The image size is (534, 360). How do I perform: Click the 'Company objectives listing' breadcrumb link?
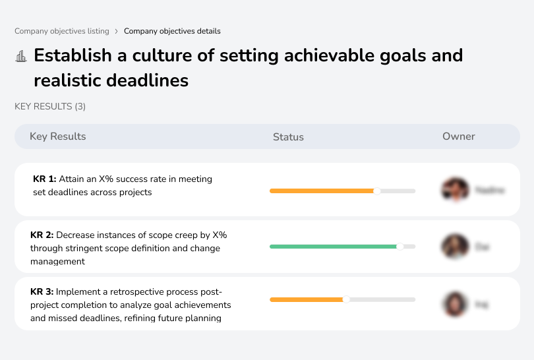62,31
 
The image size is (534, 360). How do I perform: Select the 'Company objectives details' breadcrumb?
172,31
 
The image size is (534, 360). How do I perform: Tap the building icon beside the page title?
21,56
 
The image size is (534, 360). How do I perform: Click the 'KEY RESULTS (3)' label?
50,106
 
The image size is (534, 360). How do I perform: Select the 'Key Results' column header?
58,136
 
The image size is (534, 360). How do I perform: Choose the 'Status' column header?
288,137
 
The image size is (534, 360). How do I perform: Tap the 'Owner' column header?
459,136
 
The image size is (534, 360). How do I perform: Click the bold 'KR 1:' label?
45,179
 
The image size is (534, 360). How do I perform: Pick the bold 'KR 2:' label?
42,235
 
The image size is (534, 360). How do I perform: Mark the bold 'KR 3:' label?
42,292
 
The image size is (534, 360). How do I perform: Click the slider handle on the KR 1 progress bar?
377,191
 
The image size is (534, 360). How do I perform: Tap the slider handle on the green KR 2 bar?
400,247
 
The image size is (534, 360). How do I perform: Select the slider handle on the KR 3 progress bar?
346,299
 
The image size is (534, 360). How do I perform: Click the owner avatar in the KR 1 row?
455,190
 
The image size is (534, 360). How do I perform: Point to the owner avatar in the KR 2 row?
455,247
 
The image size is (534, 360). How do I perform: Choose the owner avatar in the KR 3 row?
455,304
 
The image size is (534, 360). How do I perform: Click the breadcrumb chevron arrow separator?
117,31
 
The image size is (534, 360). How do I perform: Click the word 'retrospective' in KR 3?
123,292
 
